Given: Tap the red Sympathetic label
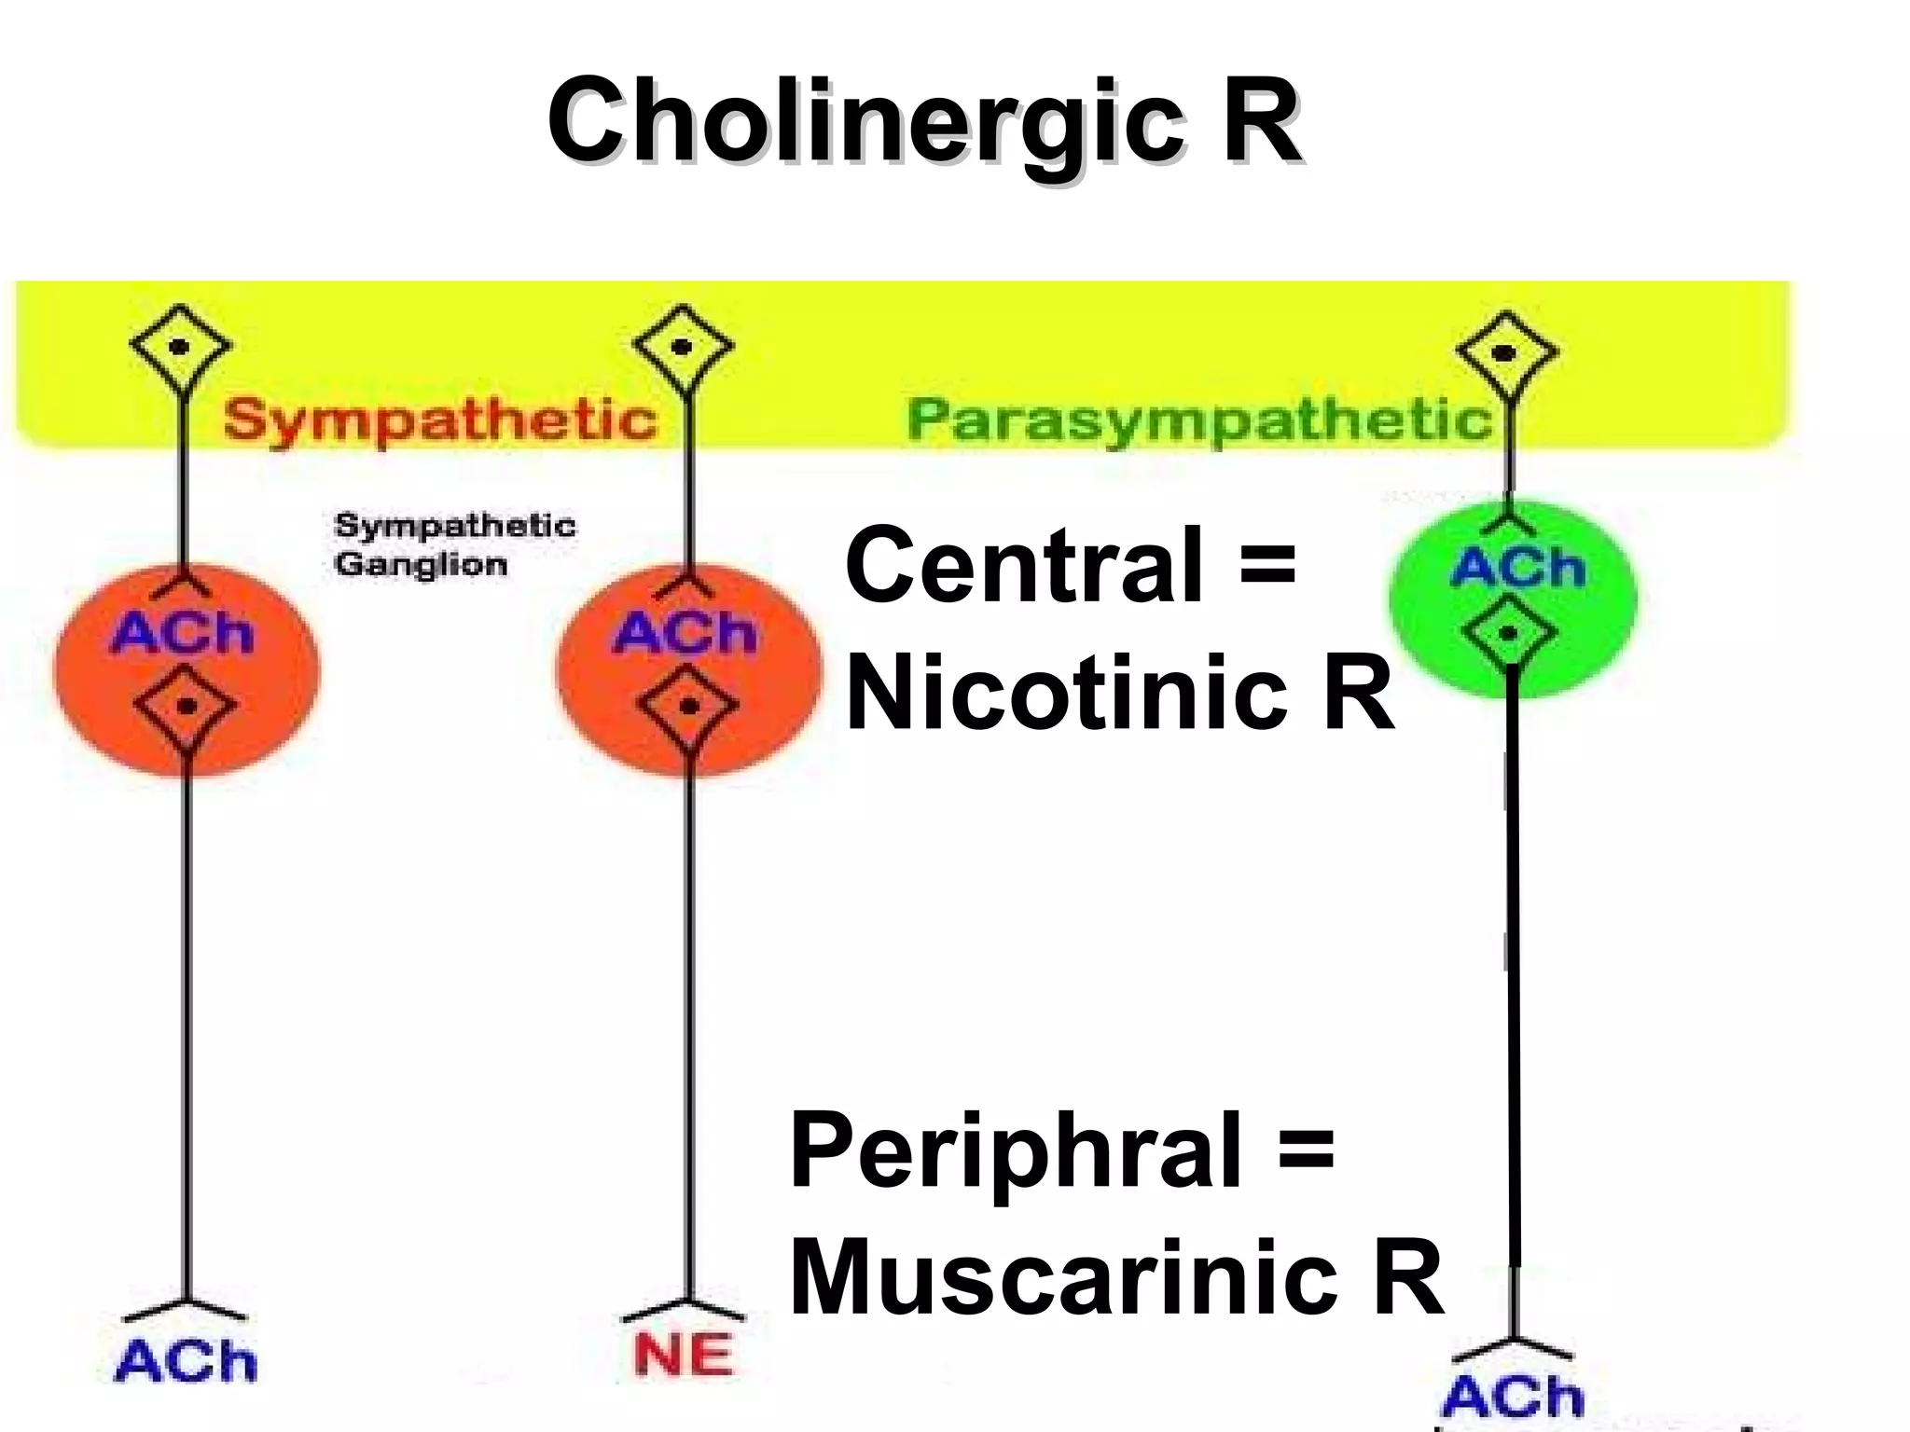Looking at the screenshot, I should pyautogui.click(x=440, y=420).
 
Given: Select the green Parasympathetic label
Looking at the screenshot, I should pyautogui.click(x=1199, y=420).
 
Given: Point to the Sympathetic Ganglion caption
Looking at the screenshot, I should pyautogui.click(x=454, y=544).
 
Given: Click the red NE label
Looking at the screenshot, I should pyautogui.click(x=683, y=1356).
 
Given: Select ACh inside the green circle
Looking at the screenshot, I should pyautogui.click(x=1517, y=568).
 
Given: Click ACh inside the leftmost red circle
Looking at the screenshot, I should pyautogui.click(x=183, y=634).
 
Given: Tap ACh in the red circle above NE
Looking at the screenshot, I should pyautogui.click(x=685, y=634).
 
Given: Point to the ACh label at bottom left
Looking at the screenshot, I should pyautogui.click(x=186, y=1362).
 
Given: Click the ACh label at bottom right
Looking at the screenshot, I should pyautogui.click(x=1513, y=1396).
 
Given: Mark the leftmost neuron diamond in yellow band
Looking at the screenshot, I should pyautogui.click(x=180, y=348).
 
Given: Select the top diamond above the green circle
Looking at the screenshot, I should pyautogui.click(x=1505, y=353).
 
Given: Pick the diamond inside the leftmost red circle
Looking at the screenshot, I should pyautogui.click(x=185, y=707).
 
